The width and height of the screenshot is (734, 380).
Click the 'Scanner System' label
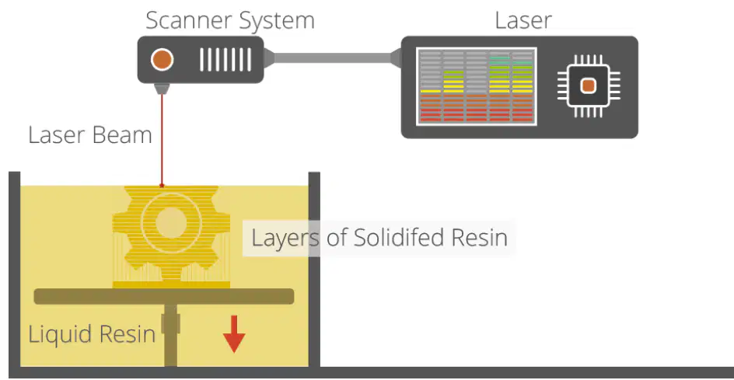tap(230, 20)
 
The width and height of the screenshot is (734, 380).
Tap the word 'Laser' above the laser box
tap(523, 20)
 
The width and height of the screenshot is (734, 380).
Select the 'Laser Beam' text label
tap(90, 134)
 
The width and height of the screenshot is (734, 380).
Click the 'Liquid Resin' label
tap(92, 334)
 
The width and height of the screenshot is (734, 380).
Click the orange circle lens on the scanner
tap(162, 60)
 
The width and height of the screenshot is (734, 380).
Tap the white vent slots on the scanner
tap(225, 60)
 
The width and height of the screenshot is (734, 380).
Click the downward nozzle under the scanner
tap(162, 89)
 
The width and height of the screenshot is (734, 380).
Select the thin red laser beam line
tap(162, 139)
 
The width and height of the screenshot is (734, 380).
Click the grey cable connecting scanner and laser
tap(332, 58)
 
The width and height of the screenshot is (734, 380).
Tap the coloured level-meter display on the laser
tap(477, 86)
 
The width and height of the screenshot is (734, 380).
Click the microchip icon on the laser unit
tap(589, 86)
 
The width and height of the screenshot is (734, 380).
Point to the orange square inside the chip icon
tap(589, 86)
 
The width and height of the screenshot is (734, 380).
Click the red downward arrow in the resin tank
tap(234, 334)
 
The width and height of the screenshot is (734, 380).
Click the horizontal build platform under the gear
tap(164, 296)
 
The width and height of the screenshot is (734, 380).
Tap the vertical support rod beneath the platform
tap(171, 335)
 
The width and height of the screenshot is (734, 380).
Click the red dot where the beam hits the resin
tap(162, 186)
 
